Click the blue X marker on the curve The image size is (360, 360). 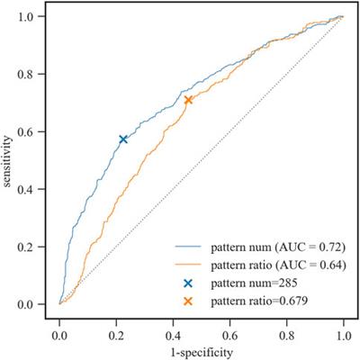pyautogui.click(x=123, y=139)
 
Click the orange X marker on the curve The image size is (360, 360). pyautogui.click(x=188, y=100)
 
